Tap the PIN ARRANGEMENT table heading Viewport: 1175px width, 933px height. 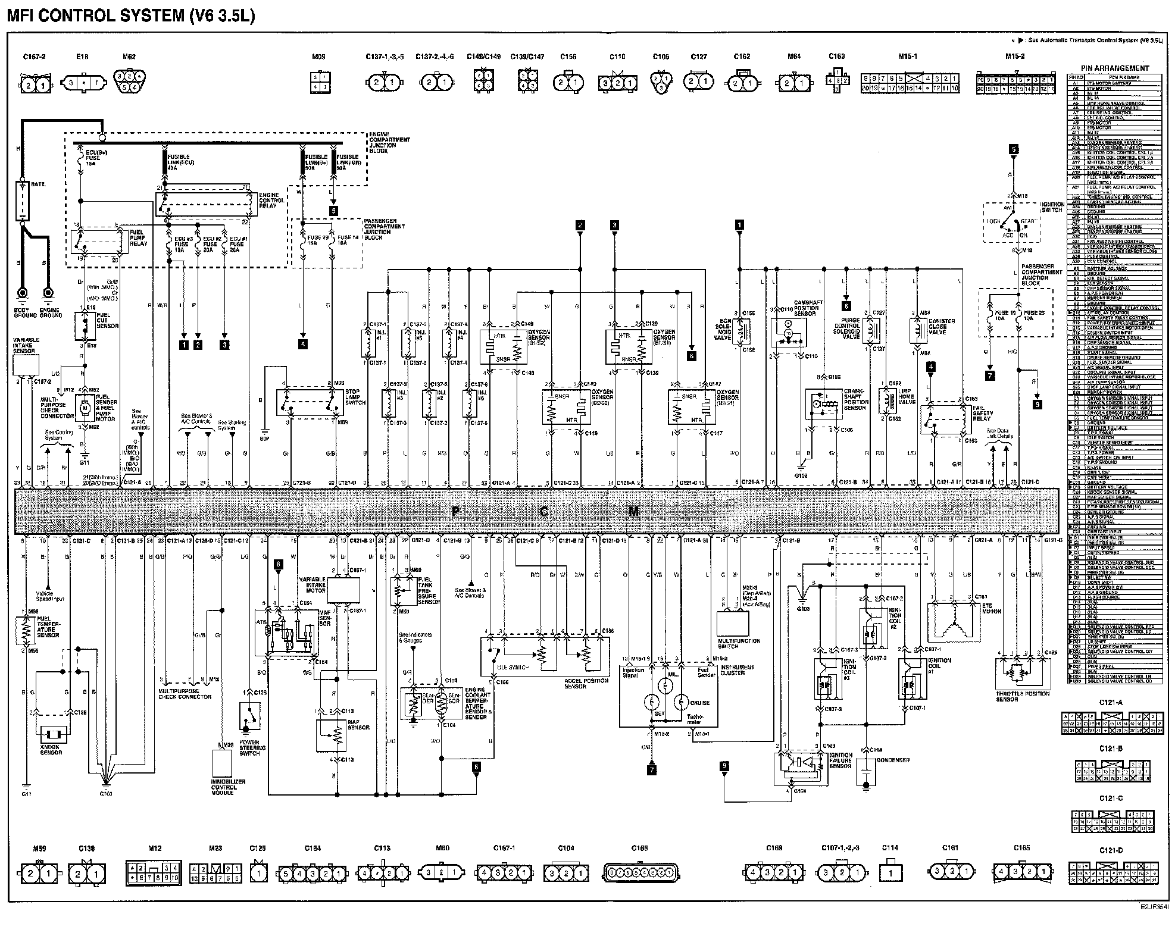[1115, 68]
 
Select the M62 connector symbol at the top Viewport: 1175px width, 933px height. [129, 80]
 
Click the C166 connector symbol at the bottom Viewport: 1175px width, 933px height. [642, 873]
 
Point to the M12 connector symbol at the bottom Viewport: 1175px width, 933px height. [152, 873]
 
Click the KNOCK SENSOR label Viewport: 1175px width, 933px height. [51, 750]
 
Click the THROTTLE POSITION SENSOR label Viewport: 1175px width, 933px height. [1022, 697]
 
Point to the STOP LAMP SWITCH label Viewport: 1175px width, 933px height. [356, 397]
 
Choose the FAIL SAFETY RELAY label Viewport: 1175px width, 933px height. [982, 412]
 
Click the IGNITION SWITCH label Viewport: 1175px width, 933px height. [1052, 206]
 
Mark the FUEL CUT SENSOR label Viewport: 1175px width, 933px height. [107, 320]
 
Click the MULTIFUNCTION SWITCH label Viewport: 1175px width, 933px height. [739, 644]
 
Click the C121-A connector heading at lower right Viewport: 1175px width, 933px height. [1111, 702]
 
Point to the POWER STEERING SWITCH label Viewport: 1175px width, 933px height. [249, 748]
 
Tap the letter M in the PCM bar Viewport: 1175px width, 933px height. [633, 511]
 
